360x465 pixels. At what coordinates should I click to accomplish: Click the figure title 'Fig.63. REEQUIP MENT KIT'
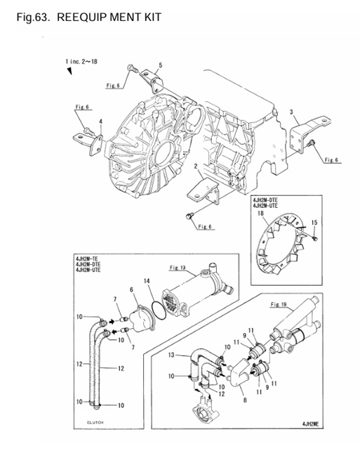click(88, 18)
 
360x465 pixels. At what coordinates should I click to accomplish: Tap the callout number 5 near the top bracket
click(160, 65)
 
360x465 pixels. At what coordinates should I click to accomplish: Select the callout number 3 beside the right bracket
click(291, 112)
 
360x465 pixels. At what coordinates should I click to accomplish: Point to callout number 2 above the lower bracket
click(196, 166)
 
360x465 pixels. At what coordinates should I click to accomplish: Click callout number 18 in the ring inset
click(261, 214)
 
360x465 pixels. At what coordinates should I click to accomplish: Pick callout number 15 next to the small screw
click(314, 223)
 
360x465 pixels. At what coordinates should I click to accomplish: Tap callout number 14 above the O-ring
click(147, 280)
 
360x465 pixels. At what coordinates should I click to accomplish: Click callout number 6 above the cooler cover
click(131, 289)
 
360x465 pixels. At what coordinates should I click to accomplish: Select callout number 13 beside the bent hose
click(171, 355)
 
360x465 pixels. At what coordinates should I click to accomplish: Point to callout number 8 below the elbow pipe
click(245, 400)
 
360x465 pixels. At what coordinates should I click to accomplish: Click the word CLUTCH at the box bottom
click(95, 422)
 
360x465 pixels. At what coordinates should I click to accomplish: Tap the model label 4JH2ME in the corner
click(310, 424)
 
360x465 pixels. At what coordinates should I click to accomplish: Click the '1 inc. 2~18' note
click(81, 62)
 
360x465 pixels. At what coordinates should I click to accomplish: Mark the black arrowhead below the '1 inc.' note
click(69, 71)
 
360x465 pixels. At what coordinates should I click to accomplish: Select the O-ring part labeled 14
click(159, 310)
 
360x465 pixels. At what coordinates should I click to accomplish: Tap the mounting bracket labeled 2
click(204, 190)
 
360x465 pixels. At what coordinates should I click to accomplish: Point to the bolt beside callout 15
click(315, 238)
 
